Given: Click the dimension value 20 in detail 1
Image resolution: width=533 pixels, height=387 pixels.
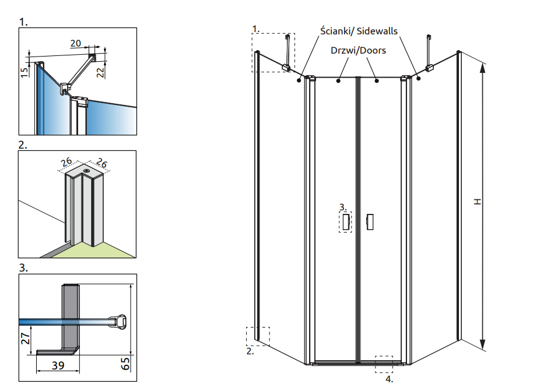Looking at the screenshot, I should [x=76, y=43].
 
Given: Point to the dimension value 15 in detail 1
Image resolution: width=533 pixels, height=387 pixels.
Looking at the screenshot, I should [x=24, y=72].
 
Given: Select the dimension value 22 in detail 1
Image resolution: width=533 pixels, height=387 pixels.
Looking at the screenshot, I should [x=100, y=71].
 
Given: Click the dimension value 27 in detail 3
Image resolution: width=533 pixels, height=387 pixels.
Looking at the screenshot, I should [x=26, y=339].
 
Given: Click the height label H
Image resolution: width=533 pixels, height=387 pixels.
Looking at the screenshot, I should [x=478, y=202].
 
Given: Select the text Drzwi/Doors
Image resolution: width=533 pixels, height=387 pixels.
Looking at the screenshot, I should [x=358, y=51].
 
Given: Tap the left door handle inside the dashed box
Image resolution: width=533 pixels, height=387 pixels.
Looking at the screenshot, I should [x=346, y=221].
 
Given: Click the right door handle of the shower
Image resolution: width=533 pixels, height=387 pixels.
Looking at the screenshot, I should [x=369, y=221].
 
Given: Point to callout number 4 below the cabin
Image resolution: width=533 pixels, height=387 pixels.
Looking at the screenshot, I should [x=389, y=379].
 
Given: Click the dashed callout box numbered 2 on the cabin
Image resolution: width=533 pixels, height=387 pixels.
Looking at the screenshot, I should [x=258, y=336].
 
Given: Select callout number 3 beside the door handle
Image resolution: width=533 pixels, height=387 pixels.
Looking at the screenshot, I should [x=343, y=206].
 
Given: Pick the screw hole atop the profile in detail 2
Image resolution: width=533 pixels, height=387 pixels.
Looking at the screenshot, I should [x=86, y=170].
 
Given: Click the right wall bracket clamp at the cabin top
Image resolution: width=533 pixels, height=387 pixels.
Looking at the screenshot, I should [x=430, y=69].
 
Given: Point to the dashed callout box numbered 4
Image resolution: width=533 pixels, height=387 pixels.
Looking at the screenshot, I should [x=384, y=364].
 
